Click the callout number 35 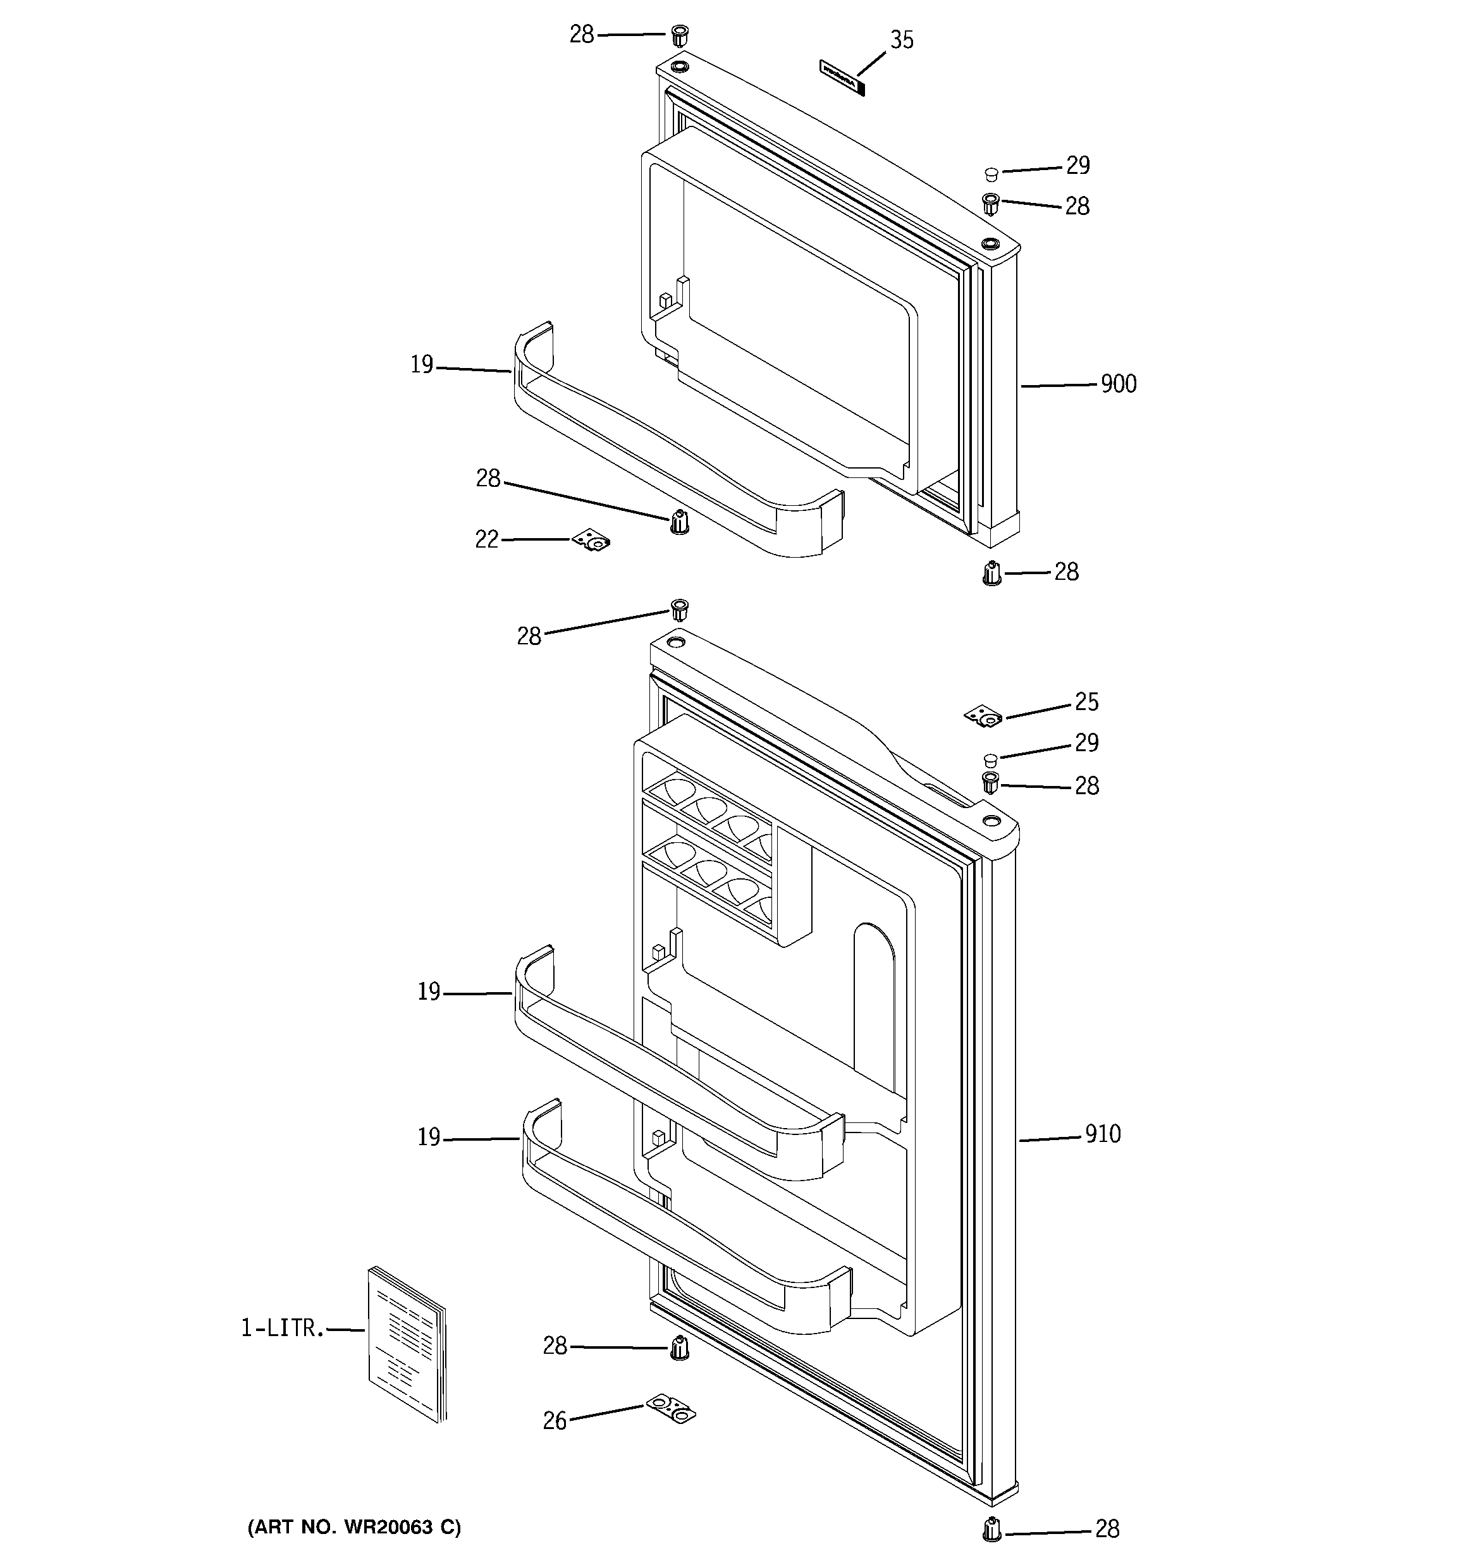coord(902,40)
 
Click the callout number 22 coord(487,539)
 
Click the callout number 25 coord(1087,703)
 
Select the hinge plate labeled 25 coord(983,716)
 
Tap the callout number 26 coord(555,1421)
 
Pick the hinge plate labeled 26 coord(671,1408)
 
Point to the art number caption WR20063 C coord(354,1527)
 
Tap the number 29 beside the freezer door coord(1078,165)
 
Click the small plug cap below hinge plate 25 coord(991,759)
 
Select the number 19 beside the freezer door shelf coord(422,365)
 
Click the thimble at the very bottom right coord(992,1529)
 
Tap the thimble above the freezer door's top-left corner coord(680,35)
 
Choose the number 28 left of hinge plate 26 coord(555,1346)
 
